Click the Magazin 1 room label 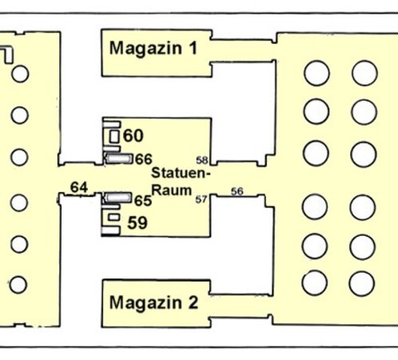(x=153, y=48)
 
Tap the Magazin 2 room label (x=153, y=302)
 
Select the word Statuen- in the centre (x=181, y=173)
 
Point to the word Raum (x=172, y=190)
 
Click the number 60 (x=133, y=135)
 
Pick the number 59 (x=137, y=222)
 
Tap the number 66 (x=144, y=159)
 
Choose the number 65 (x=143, y=201)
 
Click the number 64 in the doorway (x=79, y=187)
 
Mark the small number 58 (x=202, y=160)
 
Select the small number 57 (x=201, y=199)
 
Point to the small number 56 (x=237, y=191)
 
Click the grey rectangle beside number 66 (x=119, y=158)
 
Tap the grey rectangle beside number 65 (x=117, y=198)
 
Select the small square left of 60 (x=114, y=137)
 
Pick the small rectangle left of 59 (x=114, y=217)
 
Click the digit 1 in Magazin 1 (x=193, y=48)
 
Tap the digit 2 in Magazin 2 (x=193, y=302)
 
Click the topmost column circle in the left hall (x=20, y=74)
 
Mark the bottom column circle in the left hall (x=18, y=285)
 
